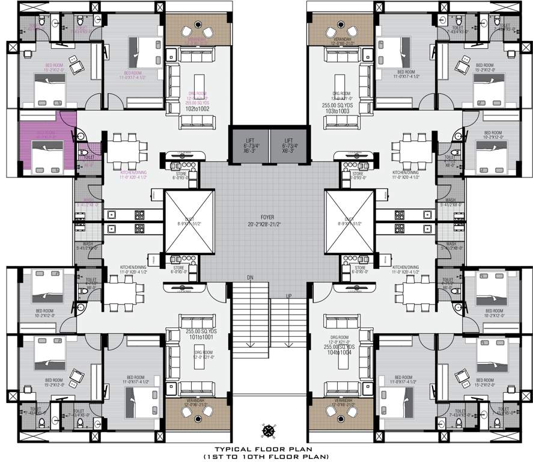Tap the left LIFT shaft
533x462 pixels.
[248, 145]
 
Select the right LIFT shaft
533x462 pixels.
[288, 145]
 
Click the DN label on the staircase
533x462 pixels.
[250, 277]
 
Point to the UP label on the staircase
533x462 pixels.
[288, 296]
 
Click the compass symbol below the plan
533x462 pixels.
[267, 430]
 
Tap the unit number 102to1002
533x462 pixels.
[198, 109]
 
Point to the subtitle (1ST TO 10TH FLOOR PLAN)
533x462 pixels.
[266, 457]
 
